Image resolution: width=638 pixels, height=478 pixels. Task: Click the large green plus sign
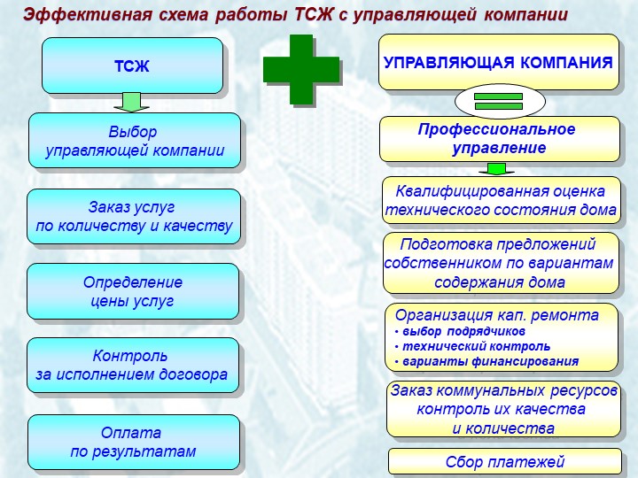[x=300, y=70]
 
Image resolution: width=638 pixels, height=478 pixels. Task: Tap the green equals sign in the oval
[x=498, y=101]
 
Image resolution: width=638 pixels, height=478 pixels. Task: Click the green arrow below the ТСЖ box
[x=131, y=102]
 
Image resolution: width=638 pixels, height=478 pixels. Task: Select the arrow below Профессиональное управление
[x=496, y=169]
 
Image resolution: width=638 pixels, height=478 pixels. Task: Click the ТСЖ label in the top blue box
[x=132, y=66]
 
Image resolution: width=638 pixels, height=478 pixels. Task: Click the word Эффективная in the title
[x=88, y=15]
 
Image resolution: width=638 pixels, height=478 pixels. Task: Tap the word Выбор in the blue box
[x=133, y=132]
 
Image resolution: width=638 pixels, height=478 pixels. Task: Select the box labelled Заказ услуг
[x=134, y=217]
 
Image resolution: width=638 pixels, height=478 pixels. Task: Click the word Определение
[x=133, y=282]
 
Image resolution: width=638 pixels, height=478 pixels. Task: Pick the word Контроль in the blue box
[x=129, y=356]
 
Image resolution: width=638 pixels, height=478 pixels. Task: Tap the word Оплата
[x=131, y=433]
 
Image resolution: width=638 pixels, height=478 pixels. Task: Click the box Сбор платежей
[x=505, y=462]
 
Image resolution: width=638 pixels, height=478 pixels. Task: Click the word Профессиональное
[x=496, y=129]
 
